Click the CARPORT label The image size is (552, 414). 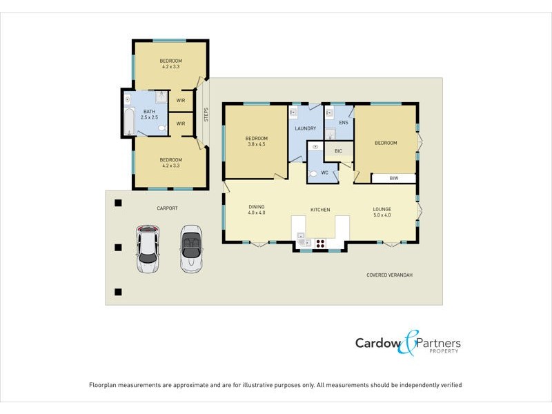pos(167,208)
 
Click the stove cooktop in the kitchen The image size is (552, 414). pos(320,242)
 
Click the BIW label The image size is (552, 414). pos(393,178)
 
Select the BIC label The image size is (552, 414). pos(338,150)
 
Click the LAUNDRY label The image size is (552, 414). pos(305,128)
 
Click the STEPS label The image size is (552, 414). pos(206,115)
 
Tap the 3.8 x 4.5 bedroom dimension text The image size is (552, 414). pos(256,145)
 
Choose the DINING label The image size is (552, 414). pos(257,206)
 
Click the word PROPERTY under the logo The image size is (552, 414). pos(444,351)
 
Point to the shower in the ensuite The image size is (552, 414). pos(330,133)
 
